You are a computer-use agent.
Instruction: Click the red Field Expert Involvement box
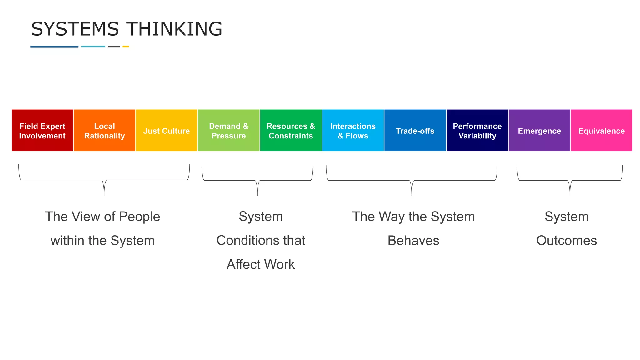point(42,131)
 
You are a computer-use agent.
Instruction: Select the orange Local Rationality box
point(104,131)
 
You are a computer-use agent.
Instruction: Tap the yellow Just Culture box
point(167,131)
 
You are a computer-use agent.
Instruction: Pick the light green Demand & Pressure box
point(229,131)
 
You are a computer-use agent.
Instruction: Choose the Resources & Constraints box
point(291,131)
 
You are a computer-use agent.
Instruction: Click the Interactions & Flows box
point(353,131)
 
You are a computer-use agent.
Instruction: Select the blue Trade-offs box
point(415,131)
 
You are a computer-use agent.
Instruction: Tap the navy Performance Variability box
point(477,131)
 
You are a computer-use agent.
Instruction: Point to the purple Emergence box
point(539,131)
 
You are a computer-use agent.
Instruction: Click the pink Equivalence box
point(602,131)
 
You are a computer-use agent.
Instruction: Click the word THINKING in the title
point(174,29)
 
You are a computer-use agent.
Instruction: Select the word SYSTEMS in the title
point(75,29)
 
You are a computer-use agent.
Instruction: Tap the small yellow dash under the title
point(126,47)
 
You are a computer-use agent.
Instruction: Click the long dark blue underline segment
point(54,47)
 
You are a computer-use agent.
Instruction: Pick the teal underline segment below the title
point(93,47)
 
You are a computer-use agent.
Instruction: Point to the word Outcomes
point(567,241)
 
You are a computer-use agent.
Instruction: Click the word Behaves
point(413,241)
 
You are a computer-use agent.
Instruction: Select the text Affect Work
point(261,264)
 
